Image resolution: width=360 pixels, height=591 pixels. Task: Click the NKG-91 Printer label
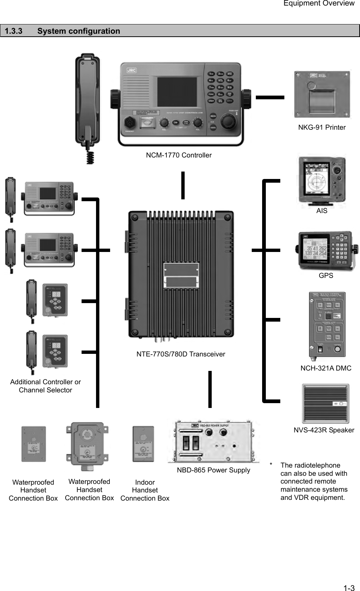(322, 127)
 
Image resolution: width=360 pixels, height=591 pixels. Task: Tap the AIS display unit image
(321, 182)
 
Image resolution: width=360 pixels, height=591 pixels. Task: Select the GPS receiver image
(327, 251)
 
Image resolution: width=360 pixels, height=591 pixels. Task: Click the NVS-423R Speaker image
(326, 404)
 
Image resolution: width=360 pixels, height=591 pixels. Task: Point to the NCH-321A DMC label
(326, 368)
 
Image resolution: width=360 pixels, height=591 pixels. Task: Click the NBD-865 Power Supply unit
(213, 441)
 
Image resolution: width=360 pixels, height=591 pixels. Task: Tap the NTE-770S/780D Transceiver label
(181, 354)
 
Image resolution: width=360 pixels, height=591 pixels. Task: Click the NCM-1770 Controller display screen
(177, 92)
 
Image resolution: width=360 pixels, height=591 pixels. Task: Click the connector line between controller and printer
(270, 97)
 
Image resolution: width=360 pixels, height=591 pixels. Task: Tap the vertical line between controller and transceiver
(183, 185)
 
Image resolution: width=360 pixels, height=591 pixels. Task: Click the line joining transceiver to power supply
(210, 389)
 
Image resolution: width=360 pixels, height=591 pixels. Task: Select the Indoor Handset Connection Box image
(143, 444)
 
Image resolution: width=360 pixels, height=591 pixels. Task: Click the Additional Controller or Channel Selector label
(45, 386)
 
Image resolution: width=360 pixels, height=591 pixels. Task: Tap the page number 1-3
(349, 588)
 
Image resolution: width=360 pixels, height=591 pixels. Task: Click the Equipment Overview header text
(318, 3)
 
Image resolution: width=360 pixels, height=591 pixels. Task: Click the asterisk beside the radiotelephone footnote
(271, 465)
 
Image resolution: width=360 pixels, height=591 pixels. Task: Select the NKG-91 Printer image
(322, 94)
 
